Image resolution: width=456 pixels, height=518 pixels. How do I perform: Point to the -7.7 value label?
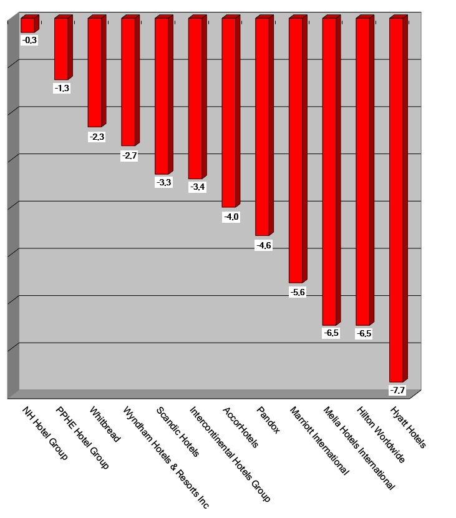[x=397, y=390]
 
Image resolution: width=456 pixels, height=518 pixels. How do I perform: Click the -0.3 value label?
[x=29, y=40]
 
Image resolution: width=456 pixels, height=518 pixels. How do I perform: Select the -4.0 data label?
[x=230, y=217]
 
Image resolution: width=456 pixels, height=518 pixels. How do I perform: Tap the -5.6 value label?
[x=297, y=292]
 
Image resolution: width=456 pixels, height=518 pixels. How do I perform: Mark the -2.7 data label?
[x=129, y=155]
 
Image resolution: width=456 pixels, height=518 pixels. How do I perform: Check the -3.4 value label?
[x=196, y=187]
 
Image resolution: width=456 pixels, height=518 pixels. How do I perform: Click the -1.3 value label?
[x=62, y=88]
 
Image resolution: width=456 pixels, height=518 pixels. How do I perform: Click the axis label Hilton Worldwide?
[x=381, y=436]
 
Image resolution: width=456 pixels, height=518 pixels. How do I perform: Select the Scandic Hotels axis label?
[x=178, y=432]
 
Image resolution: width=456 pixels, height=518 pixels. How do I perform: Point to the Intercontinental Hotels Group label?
[x=230, y=454]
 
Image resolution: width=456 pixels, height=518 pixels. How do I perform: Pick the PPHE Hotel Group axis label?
[x=82, y=437]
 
